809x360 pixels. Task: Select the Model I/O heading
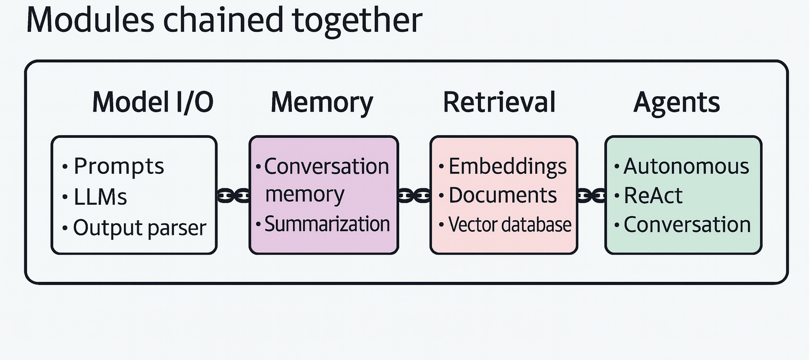pos(153,102)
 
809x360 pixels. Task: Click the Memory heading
pos(322,102)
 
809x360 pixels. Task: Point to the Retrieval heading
pos(499,102)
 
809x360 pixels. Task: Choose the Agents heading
pos(676,102)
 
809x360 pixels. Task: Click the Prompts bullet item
pos(119,167)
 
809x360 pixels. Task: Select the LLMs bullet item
pos(100,197)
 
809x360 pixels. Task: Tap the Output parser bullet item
pos(139,228)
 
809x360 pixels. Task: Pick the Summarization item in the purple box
pos(327,224)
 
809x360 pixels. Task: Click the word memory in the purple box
pos(305,195)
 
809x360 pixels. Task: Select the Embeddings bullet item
pos(507,166)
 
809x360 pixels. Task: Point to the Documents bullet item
pos(502,195)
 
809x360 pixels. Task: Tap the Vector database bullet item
pos(509,224)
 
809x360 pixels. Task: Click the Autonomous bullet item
pos(686,166)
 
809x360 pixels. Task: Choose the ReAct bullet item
pos(653,196)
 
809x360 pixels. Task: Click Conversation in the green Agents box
pos(687,224)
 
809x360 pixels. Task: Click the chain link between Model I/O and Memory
pos(233,196)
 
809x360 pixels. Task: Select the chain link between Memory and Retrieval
pos(414,196)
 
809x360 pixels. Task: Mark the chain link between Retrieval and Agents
pos(591,196)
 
